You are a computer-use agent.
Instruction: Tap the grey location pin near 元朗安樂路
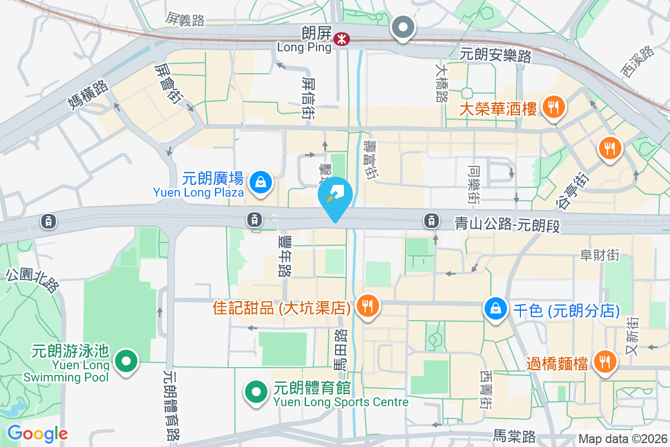pyautogui.click(x=403, y=27)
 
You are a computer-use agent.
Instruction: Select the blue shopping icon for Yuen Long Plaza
pyautogui.click(x=260, y=182)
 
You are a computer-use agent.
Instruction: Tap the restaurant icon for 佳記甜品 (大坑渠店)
pyautogui.click(x=367, y=306)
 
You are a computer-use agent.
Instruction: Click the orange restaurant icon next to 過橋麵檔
pyautogui.click(x=603, y=362)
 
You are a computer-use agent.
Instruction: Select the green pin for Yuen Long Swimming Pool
pyautogui.click(x=126, y=360)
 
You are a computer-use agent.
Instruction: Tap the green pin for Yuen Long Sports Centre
pyautogui.click(x=256, y=391)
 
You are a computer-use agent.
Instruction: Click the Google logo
pyautogui.click(x=37, y=434)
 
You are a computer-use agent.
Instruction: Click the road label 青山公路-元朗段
pyautogui.click(x=506, y=225)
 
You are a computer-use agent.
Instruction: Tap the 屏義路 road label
pyautogui.click(x=185, y=21)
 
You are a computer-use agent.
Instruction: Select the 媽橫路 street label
pyautogui.click(x=87, y=94)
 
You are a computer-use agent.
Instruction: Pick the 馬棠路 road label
pyautogui.click(x=515, y=435)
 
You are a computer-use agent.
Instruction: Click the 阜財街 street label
pyautogui.click(x=600, y=255)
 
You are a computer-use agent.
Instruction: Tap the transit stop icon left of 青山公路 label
pyautogui.click(x=431, y=221)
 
